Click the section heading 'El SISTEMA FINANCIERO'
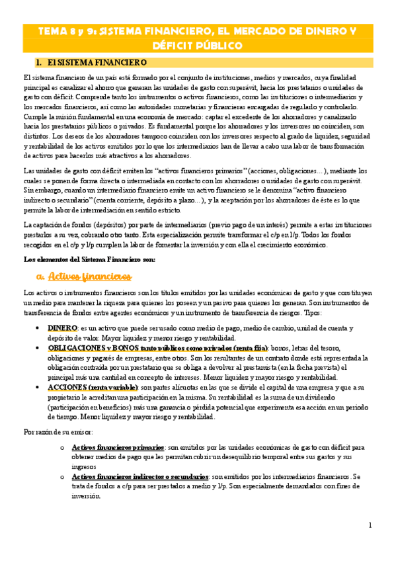coord(97,62)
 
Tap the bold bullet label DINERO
coord(63,328)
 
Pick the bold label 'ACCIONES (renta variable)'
coord(93,387)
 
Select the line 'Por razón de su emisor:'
coord(58,432)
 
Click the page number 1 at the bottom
coord(370,525)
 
